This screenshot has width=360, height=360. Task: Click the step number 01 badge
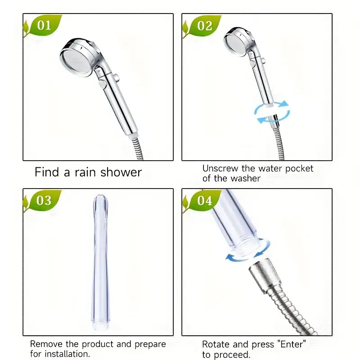coord(44,25)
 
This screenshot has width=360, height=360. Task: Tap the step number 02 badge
coord(204,25)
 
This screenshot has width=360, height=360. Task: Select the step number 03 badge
coord(44,200)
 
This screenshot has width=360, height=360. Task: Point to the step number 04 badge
coord(204,200)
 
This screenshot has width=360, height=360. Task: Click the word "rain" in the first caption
coord(85,172)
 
